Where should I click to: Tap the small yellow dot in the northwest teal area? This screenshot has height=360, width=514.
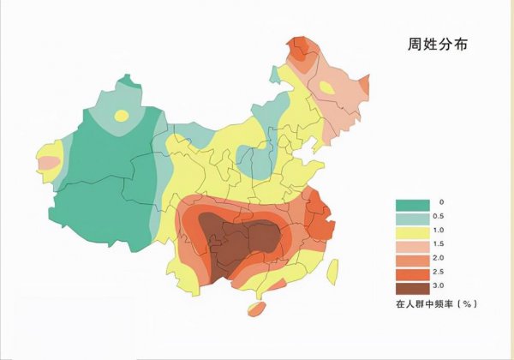(x=122, y=115)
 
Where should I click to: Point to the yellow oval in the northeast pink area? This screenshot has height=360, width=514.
(x=327, y=87)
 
